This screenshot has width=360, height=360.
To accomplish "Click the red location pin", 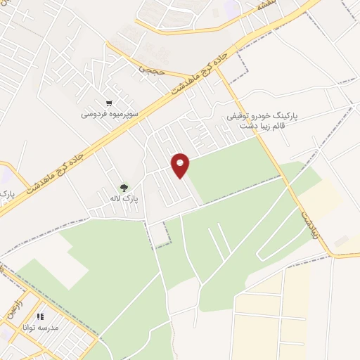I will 181,165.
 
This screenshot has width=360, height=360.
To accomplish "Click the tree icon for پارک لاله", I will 124,188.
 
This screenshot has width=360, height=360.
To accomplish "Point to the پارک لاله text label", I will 126,199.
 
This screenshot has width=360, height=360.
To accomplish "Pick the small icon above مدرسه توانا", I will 40,317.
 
